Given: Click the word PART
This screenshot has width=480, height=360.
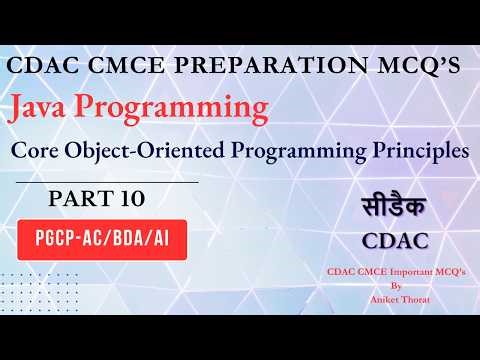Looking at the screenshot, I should point(77,200).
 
